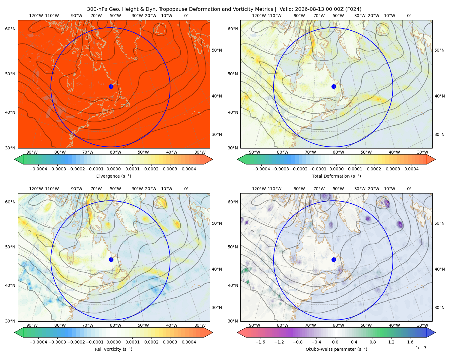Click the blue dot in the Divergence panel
111,86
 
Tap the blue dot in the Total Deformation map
334,86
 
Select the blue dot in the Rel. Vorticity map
111,259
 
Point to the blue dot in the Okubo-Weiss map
334,259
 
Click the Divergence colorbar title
113,176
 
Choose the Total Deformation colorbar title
336,176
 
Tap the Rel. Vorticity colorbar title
113,349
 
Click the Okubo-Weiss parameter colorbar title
336,349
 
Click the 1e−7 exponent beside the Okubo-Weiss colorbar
421,348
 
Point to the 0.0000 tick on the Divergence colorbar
113,169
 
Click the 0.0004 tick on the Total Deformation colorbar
411,169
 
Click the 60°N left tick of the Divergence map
10,29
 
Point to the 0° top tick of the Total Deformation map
409,16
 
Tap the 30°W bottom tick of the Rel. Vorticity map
200,325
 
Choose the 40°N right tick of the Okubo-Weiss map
439,269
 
